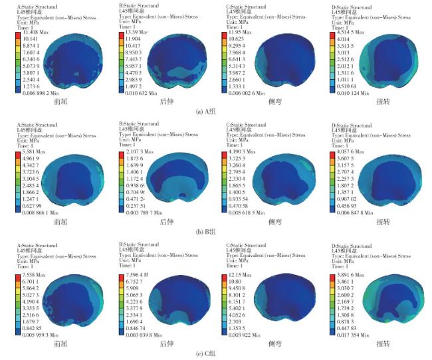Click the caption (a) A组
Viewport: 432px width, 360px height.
coord(216,111)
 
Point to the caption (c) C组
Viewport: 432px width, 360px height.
coord(216,353)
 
